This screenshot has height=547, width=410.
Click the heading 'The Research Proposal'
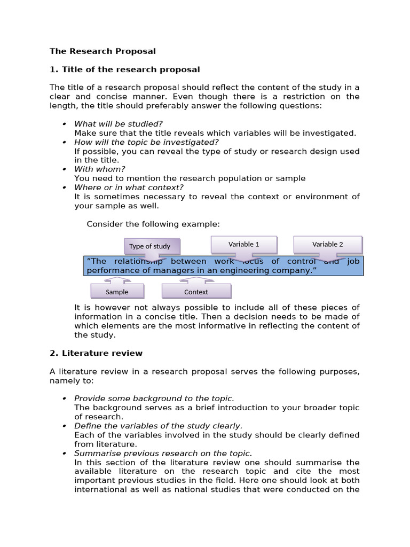tap(102, 51)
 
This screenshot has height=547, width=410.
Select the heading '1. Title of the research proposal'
tap(125, 69)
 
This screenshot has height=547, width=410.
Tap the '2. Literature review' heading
tap(96, 353)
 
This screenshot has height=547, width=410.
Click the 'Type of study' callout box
tap(152, 246)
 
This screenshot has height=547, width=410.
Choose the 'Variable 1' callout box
tap(243, 244)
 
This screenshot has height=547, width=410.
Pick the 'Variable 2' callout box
tap(327, 244)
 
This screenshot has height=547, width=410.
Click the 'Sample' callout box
tap(117, 292)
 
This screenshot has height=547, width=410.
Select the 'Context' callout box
tap(196, 292)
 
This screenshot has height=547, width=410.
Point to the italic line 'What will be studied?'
tap(118, 124)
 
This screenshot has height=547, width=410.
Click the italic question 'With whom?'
tap(100, 169)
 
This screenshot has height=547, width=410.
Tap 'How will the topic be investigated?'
tap(146, 142)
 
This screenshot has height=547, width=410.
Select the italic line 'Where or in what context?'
tap(129, 187)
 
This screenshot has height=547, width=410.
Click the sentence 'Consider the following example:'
tap(153, 224)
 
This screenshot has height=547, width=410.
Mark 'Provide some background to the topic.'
tap(154, 398)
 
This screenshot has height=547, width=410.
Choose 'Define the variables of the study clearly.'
tap(158, 426)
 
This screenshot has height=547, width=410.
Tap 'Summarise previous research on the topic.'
tap(163, 454)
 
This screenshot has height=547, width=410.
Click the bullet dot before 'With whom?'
tap(64, 170)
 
